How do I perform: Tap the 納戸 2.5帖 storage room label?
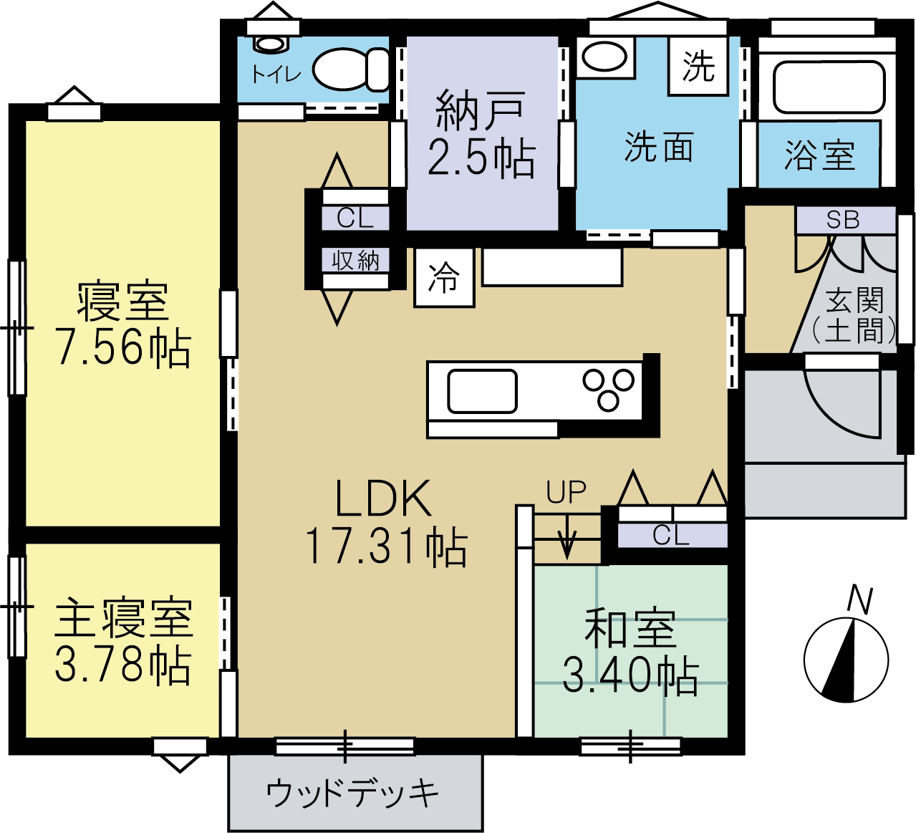tap(481, 133)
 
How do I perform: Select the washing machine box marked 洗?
tap(698, 66)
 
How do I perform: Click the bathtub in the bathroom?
tap(829, 87)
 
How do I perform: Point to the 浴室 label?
tap(819, 155)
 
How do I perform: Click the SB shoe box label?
tap(843, 220)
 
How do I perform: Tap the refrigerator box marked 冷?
tap(444, 277)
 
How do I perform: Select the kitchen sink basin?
tap(482, 391)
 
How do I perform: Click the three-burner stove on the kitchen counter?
tap(608, 390)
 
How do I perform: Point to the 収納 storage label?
tap(356, 260)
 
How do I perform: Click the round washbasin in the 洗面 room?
tap(604, 57)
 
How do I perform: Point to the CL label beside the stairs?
tap(671, 535)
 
